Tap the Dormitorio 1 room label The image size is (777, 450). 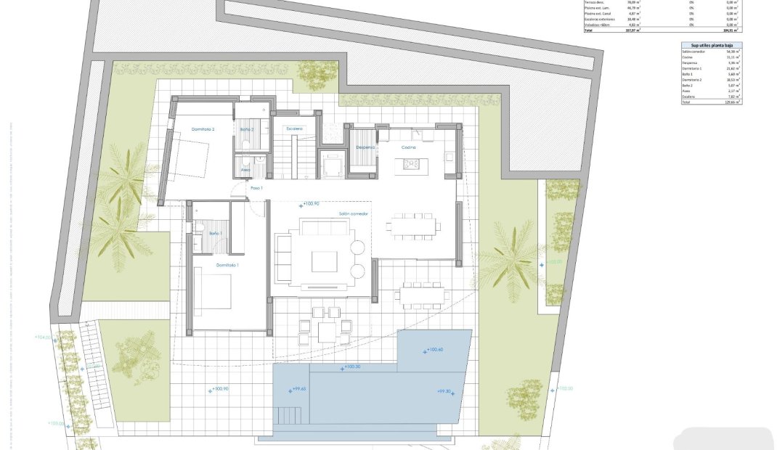click(x=227, y=266)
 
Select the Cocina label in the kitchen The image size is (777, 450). click(x=409, y=147)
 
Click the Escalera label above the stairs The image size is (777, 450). click(x=294, y=128)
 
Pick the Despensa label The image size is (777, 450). click(x=365, y=147)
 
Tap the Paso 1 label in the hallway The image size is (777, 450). click(x=256, y=188)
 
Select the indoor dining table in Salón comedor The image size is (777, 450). click(x=412, y=226)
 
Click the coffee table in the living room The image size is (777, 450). click(x=324, y=261)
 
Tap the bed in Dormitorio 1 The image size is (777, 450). click(x=212, y=295)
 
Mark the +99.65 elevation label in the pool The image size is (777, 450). click(x=298, y=390)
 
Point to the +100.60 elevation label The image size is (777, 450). click(x=436, y=351)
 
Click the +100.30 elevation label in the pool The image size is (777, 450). click(x=352, y=367)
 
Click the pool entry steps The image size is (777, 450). click(x=289, y=417)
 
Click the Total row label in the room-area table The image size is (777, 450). click(x=686, y=102)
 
